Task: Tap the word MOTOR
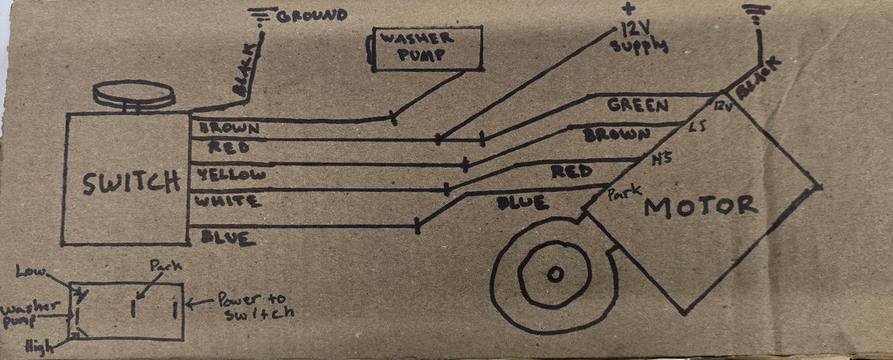tap(700, 205)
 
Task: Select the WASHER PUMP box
tap(426, 48)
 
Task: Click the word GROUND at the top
tap(312, 15)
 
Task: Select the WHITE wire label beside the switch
tap(227, 201)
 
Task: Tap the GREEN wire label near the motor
tap(638, 106)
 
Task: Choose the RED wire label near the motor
tap(572, 172)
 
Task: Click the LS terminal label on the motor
tap(697, 127)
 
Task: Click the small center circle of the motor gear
tap(554, 274)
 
